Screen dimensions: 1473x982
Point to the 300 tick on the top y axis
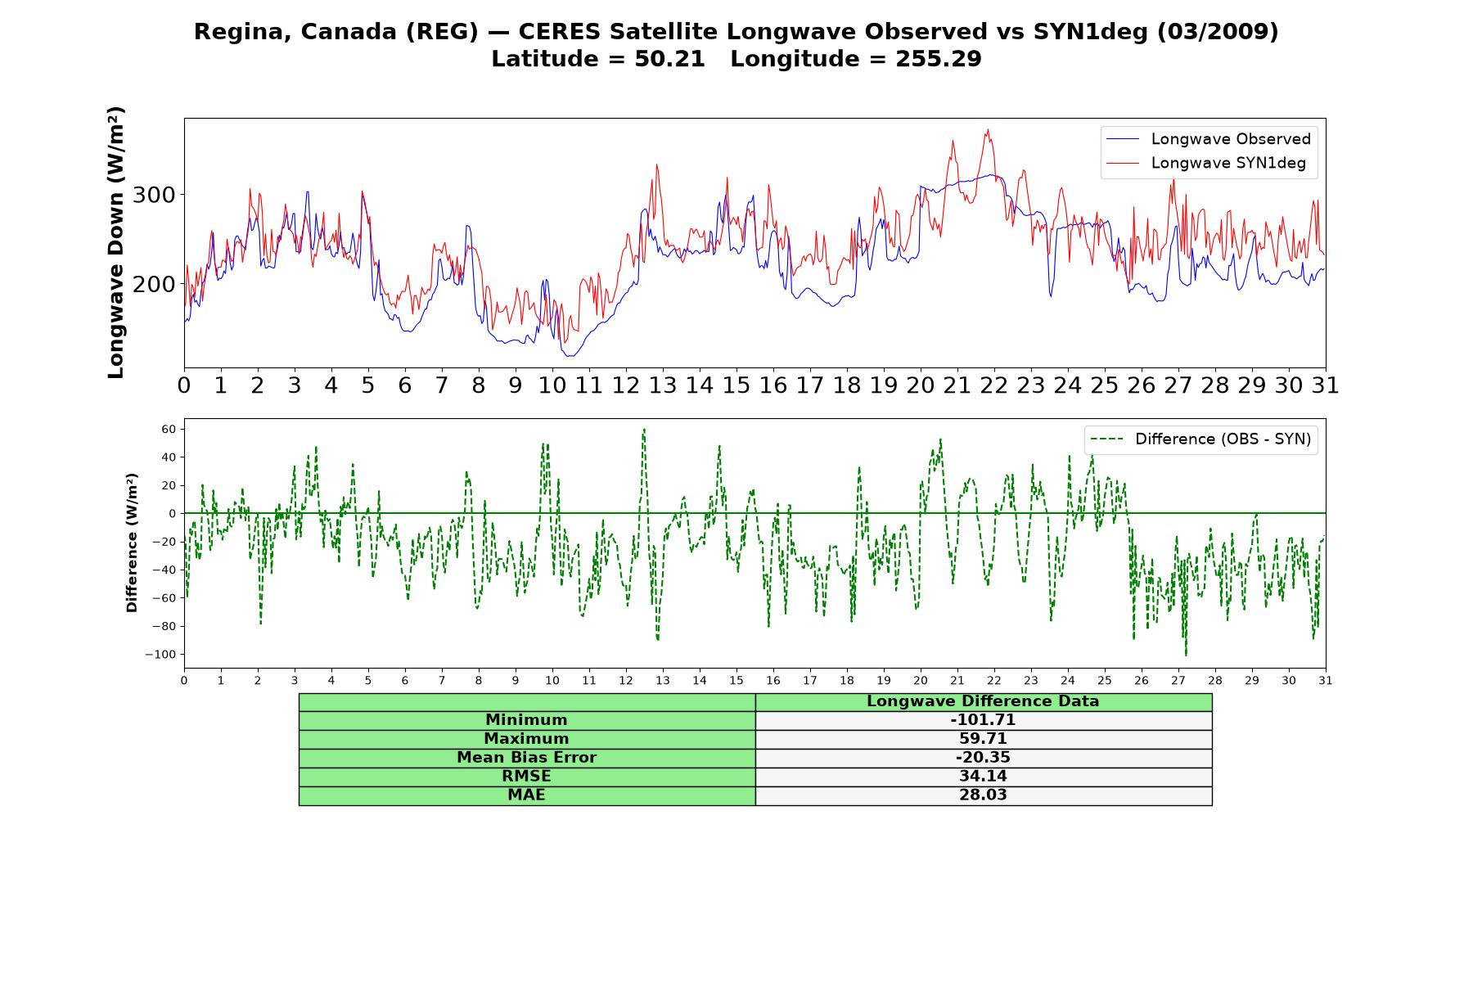[154, 195]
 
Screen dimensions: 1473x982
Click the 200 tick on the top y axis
[154, 284]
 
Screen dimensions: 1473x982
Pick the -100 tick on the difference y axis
[160, 655]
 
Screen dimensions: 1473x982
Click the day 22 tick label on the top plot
[993, 385]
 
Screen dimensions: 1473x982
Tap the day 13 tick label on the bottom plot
[663, 681]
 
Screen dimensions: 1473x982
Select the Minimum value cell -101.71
[983, 720]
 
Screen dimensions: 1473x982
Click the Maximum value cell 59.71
[983, 739]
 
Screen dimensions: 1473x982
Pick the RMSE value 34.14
[983, 777]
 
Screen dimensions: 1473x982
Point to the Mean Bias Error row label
[526, 758]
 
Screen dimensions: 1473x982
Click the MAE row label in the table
[526, 795]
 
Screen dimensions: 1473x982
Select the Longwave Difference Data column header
[983, 701]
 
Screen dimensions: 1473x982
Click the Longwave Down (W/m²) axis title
[116, 242]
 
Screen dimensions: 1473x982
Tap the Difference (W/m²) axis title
[132, 543]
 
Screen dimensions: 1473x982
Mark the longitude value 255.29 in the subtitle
[939, 59]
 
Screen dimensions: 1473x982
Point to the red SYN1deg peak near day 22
[988, 129]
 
